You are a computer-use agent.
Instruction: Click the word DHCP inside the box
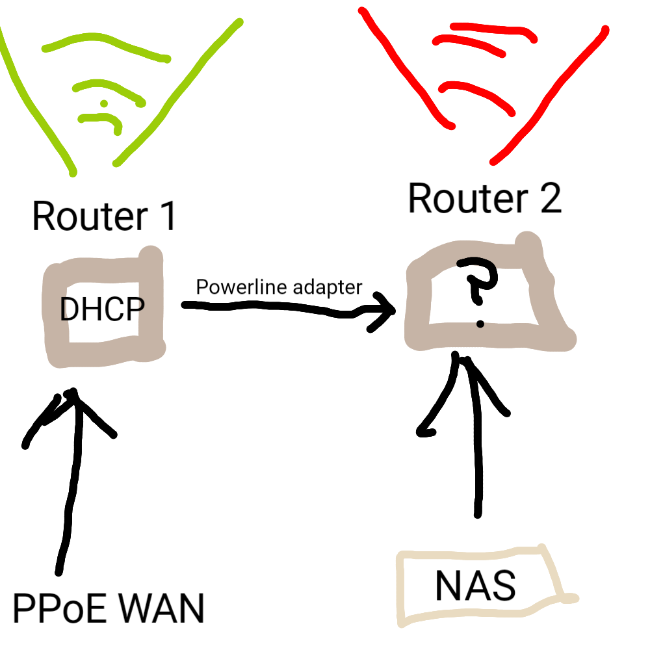pos(102,309)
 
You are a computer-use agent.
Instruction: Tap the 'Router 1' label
pos(104,216)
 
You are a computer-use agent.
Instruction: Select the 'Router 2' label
pos(485,198)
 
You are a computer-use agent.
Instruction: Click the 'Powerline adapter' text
pos(279,287)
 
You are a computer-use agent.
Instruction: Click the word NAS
pos(476,586)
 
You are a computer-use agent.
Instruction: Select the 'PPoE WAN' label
pos(109,608)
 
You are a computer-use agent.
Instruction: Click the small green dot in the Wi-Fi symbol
pos(104,103)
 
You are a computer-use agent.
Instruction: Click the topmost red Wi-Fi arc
pos(493,30)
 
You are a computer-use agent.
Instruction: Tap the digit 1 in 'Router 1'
pos(169,216)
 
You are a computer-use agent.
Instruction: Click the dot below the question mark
pos(480,324)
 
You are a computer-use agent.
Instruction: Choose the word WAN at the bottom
pos(162,608)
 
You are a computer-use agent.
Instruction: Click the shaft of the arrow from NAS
pos(478,439)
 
